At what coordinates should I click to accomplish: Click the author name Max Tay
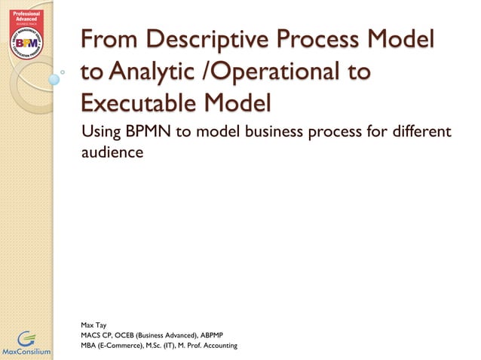tap(93, 325)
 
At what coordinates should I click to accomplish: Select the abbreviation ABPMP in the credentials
tap(228, 334)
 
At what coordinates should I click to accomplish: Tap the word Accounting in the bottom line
tap(216, 345)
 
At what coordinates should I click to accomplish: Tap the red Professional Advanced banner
tap(26, 17)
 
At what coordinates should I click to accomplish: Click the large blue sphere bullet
tap(54, 78)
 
